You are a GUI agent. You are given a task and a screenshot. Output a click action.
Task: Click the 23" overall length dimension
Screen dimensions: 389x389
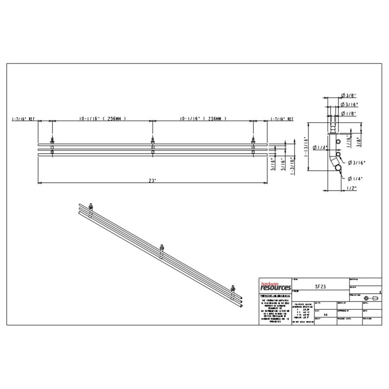coord(152,180)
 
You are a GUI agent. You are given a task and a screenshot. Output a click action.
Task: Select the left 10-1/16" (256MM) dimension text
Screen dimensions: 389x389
coord(102,118)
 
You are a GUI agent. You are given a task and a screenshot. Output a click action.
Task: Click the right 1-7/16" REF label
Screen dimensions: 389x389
coord(283,118)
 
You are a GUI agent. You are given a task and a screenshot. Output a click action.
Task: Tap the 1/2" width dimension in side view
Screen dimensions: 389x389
coord(352,188)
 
